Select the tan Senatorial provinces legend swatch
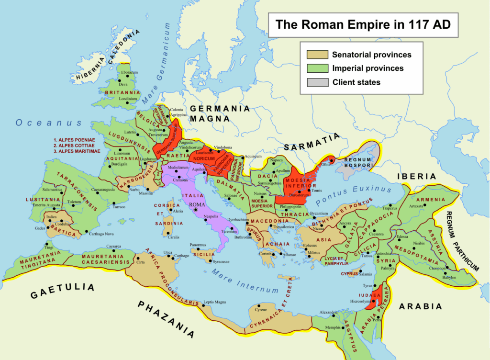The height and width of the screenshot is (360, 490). click(x=314, y=55)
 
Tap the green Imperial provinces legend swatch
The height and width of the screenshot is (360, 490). click(x=314, y=68)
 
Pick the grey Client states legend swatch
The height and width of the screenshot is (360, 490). click(x=314, y=82)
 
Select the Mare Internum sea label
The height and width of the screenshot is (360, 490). click(x=245, y=281)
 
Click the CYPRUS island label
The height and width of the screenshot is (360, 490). click(x=350, y=274)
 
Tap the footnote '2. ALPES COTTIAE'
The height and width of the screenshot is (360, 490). click(x=76, y=146)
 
